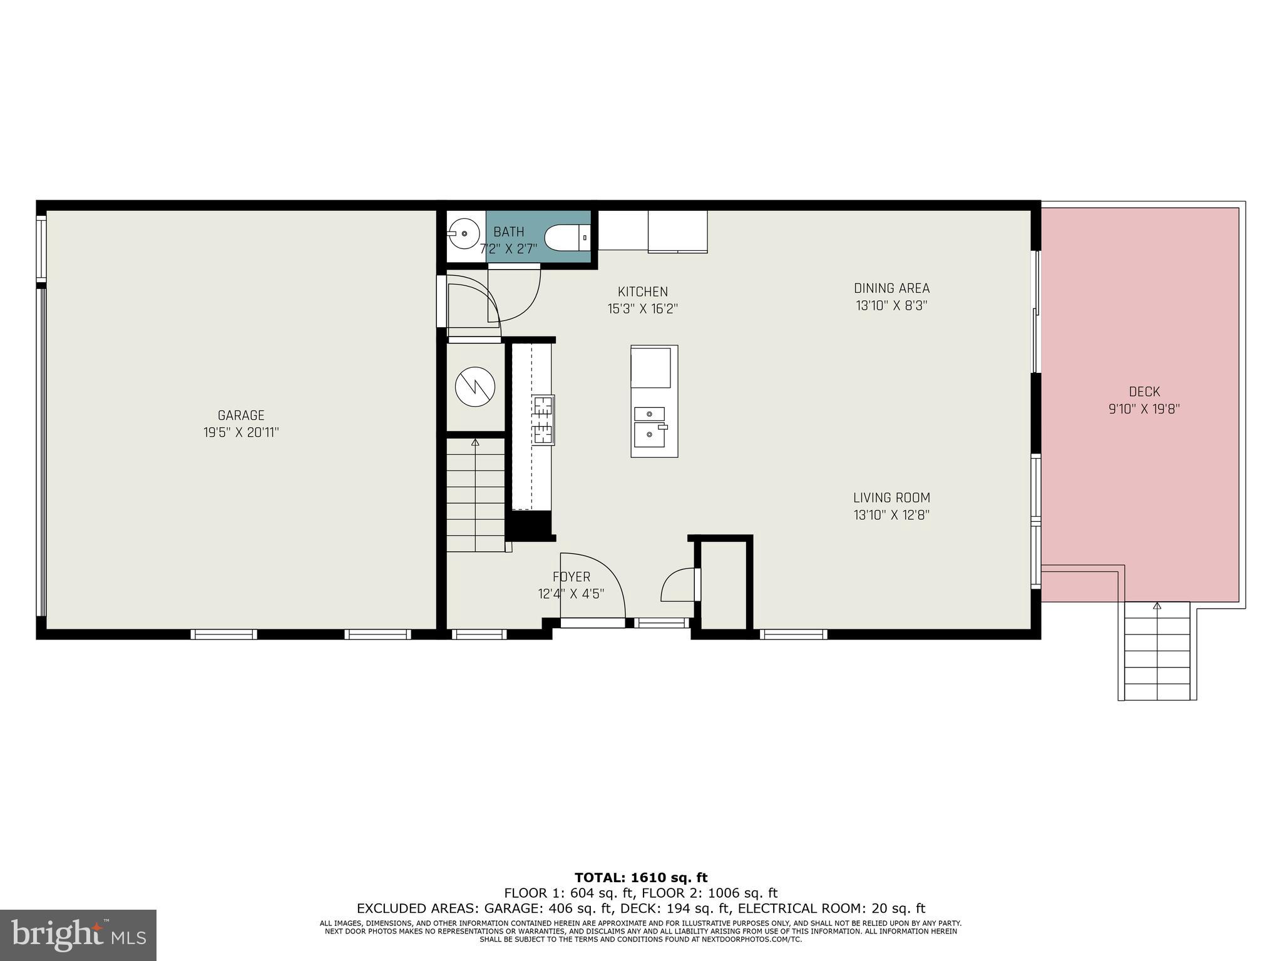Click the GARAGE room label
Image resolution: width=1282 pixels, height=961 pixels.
click(241, 415)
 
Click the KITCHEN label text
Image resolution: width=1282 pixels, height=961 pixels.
click(642, 292)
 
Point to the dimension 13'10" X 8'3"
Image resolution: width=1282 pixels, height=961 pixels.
click(891, 306)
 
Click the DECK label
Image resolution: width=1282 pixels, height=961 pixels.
click(1144, 392)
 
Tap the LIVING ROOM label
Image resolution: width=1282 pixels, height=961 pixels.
click(891, 498)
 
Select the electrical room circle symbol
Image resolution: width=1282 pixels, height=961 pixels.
click(475, 387)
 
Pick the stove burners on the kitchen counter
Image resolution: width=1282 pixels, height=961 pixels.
click(543, 420)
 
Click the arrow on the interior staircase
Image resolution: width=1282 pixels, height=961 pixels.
click(475, 443)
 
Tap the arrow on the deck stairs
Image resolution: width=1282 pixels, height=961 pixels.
click(1157, 606)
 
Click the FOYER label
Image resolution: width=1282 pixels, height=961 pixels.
click(571, 577)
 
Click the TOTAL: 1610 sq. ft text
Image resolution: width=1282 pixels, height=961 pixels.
click(641, 878)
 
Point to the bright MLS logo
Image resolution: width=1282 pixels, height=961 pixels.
click(78, 935)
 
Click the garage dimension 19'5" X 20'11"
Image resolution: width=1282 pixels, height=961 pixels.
click(241, 432)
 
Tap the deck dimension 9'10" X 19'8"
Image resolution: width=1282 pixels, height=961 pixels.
click(1144, 409)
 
